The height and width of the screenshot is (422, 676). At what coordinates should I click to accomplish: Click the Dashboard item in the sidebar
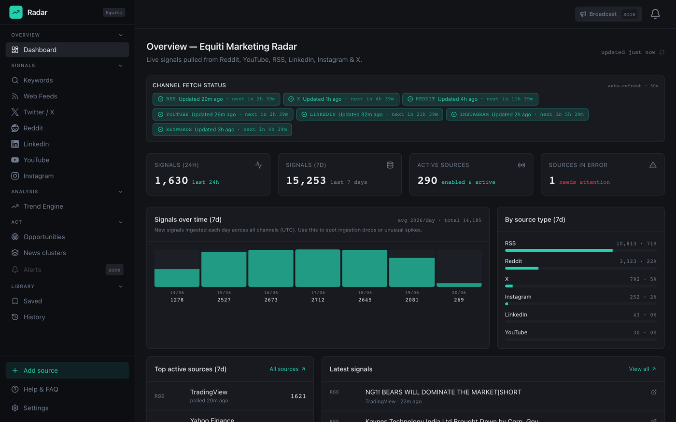(67, 50)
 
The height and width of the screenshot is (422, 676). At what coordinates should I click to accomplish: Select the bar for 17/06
(318, 268)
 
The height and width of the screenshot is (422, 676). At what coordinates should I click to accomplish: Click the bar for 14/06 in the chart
(177, 278)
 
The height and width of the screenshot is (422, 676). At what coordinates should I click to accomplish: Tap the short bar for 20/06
(459, 285)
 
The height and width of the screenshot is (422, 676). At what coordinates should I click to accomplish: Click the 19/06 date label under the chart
(411, 293)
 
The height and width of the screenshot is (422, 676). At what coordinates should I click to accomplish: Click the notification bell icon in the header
(655, 14)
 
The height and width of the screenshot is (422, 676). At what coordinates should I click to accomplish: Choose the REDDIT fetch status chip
(470, 99)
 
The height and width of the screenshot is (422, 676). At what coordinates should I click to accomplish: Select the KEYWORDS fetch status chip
(222, 130)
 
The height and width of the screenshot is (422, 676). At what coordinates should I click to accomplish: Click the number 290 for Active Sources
(427, 180)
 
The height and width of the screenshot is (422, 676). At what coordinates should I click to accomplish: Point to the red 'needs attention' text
(584, 182)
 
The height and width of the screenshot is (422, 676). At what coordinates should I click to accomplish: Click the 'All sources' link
(287, 369)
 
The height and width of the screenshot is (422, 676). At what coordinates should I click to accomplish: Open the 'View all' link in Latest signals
(642, 369)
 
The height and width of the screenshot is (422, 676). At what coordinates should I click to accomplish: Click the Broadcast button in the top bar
(608, 14)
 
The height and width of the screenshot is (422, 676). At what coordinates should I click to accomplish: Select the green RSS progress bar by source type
(559, 250)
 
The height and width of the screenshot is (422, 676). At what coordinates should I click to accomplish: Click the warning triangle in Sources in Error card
(653, 165)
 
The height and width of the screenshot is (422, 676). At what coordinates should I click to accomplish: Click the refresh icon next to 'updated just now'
(662, 52)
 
